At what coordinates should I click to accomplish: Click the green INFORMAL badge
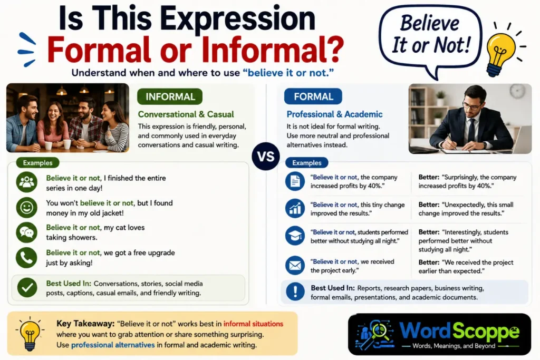(170, 96)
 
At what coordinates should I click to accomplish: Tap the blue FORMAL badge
(313, 96)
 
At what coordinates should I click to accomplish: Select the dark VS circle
(266, 156)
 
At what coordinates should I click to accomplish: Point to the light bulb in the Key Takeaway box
(30, 334)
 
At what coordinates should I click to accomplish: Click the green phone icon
(26, 257)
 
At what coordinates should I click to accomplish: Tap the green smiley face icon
(26, 208)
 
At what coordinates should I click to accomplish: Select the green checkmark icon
(27, 287)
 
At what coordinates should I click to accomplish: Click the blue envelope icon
(295, 265)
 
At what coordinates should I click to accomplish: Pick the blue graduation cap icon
(295, 236)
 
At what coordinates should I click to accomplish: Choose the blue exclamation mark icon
(295, 291)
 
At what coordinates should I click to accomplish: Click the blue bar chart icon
(295, 208)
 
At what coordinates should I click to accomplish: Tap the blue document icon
(295, 181)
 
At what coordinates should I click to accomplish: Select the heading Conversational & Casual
(186, 114)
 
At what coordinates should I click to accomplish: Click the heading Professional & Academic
(334, 114)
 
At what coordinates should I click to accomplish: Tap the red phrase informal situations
(253, 324)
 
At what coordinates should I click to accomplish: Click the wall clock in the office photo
(517, 92)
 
